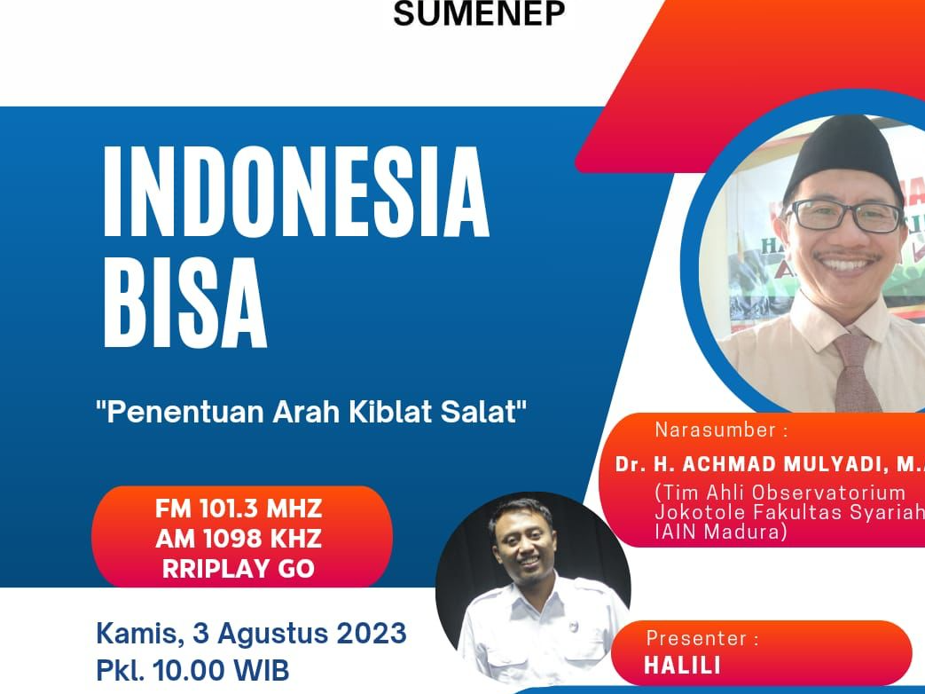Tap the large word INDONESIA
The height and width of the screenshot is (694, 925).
tap(296, 192)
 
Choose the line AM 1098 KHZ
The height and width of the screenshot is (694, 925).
tap(239, 539)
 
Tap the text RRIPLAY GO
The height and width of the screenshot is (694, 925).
tap(239, 568)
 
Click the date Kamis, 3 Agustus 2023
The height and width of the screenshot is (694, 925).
tap(251, 634)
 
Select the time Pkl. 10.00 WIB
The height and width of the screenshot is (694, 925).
tap(192, 668)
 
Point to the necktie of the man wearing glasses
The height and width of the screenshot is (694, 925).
tap(856, 373)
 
